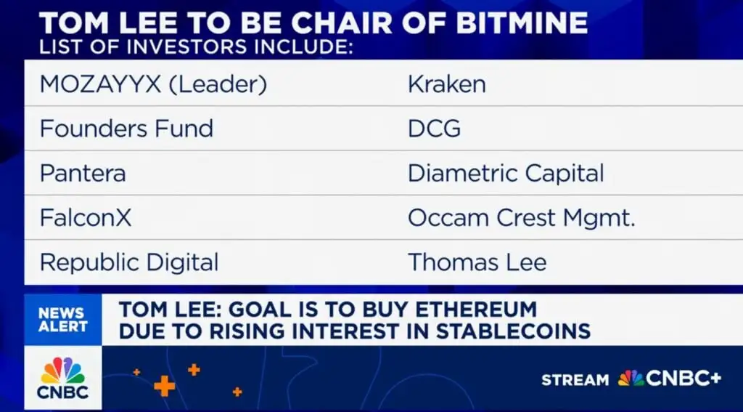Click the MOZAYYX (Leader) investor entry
point(154,84)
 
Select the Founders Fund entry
point(126,129)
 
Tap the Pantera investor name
point(83,173)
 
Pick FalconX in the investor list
point(86,218)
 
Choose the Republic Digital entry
point(129,262)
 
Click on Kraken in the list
point(447,84)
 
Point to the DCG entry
point(434,129)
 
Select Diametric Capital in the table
point(506,173)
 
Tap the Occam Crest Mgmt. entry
point(521,218)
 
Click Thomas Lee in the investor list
point(477,262)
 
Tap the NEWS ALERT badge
point(63,320)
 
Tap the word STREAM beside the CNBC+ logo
point(575,380)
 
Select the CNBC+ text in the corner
point(684,379)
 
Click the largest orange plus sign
point(165,386)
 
